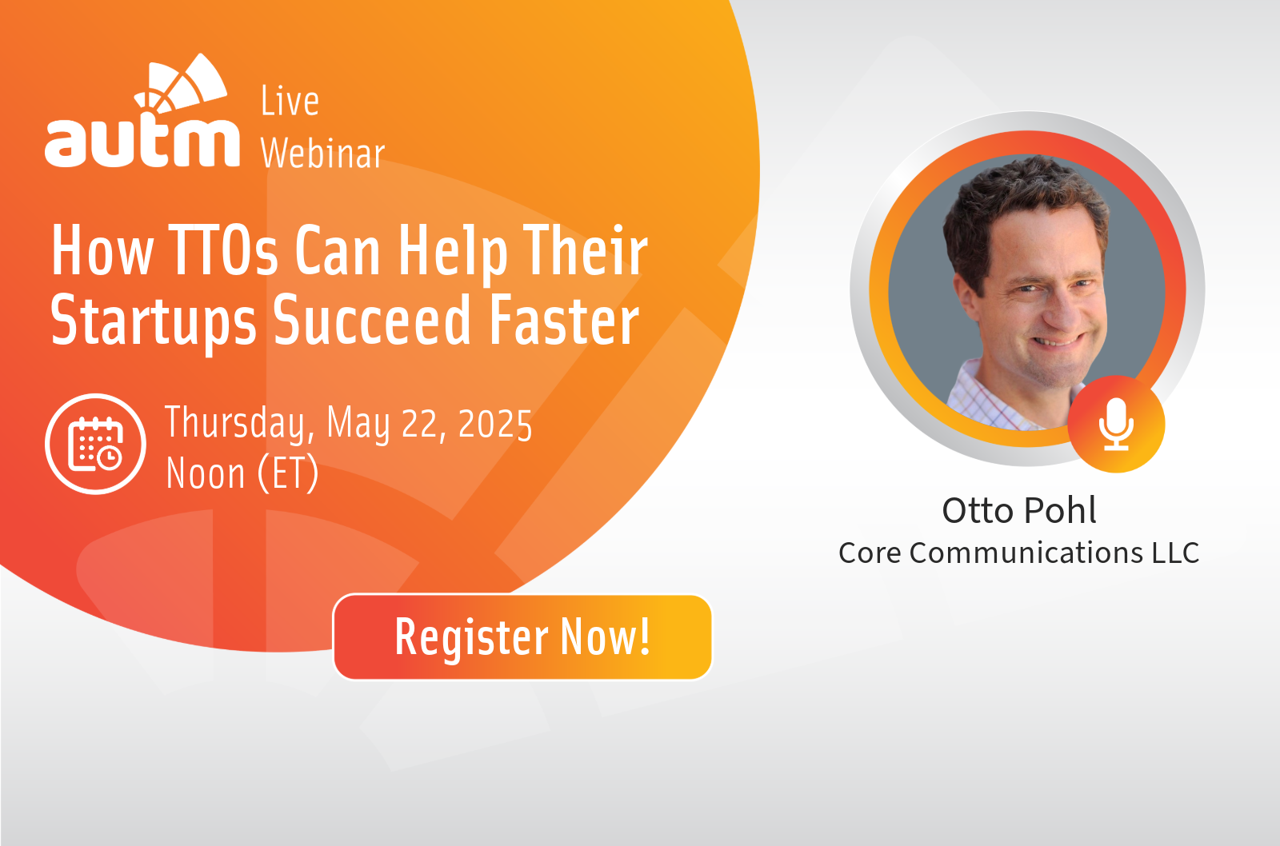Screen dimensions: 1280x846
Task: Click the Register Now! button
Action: tap(522, 637)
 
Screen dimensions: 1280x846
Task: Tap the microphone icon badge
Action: tap(1116, 424)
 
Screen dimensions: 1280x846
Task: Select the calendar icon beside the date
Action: tap(95, 443)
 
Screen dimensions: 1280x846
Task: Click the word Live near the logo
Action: tap(290, 101)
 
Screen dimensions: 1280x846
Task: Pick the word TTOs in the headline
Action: tap(222, 250)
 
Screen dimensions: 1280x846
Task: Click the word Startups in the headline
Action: tap(153, 321)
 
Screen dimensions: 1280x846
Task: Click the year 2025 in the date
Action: tap(495, 424)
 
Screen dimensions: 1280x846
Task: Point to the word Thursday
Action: tap(239, 424)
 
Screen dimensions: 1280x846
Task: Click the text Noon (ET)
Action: tap(242, 473)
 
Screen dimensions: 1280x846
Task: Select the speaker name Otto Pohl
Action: tap(1019, 510)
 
